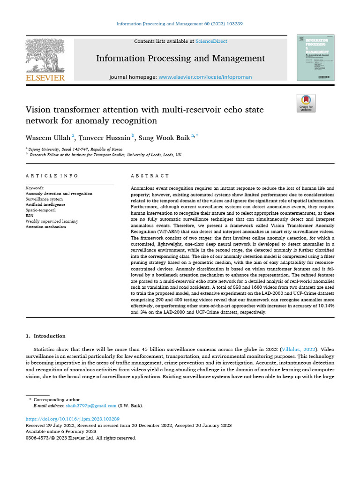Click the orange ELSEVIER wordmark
(x=45, y=78)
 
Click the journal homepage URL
(x=205, y=77)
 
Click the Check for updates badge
(x=306, y=103)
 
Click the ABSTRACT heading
(x=150, y=176)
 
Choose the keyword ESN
(x=30, y=216)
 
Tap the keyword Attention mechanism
(x=45, y=227)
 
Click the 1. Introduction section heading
(x=45, y=336)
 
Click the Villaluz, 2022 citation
(x=298, y=349)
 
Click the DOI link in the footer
(x=72, y=419)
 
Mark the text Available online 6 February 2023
(x=61, y=431)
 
